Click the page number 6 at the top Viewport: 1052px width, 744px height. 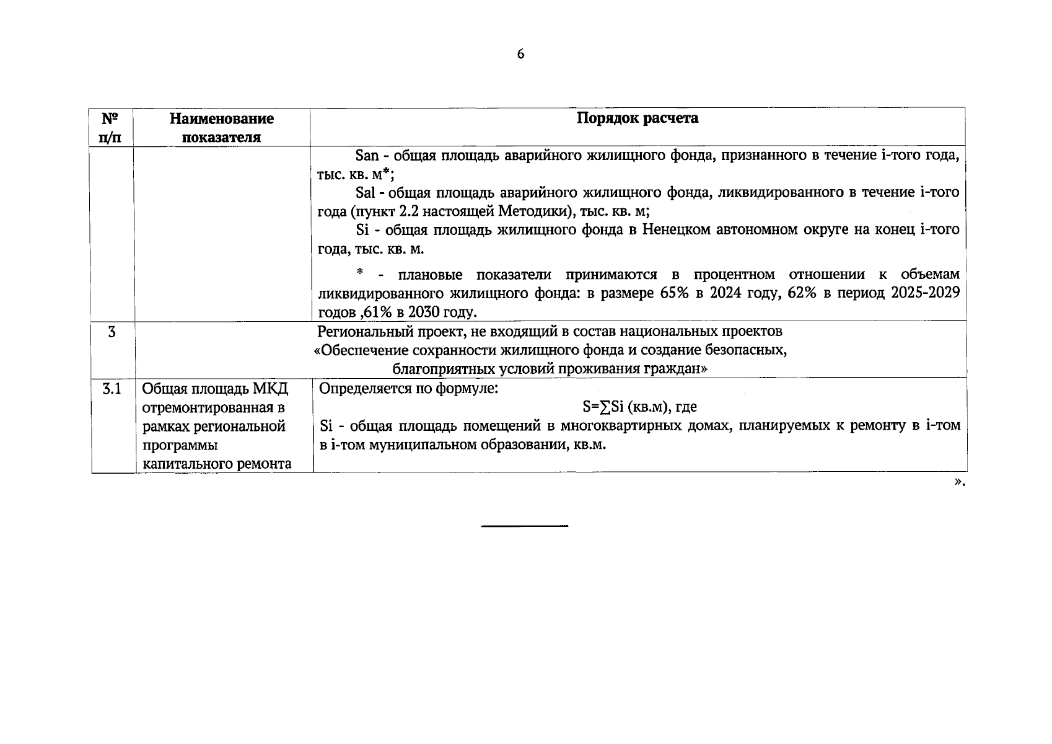520,55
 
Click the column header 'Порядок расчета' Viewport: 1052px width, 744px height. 637,118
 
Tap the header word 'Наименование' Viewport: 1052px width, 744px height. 221,118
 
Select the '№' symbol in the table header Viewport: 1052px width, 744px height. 110,118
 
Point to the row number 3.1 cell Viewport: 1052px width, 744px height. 112,389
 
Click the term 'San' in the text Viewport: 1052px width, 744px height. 367,156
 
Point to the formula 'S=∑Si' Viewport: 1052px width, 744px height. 602,407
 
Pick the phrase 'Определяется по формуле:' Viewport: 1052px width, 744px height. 408,389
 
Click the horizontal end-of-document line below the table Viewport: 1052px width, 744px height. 525,526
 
